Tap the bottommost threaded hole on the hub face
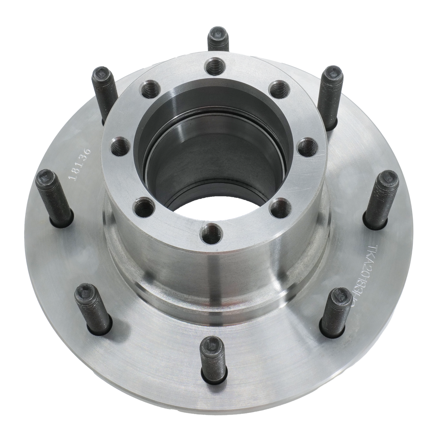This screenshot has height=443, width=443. point(212,229)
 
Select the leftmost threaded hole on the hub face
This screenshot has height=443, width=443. point(118,147)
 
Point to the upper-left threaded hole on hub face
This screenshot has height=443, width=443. point(149,88)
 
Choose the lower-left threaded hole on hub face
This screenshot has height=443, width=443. point(141,207)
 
